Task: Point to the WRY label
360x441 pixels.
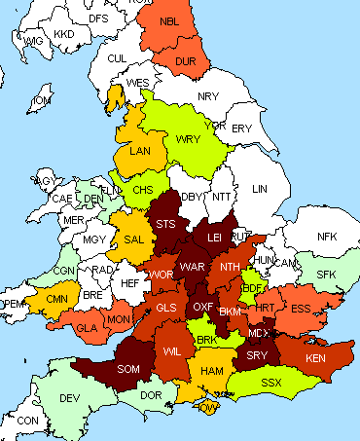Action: click(x=188, y=139)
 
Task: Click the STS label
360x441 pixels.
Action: click(x=167, y=225)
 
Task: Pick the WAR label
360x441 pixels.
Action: click(x=193, y=266)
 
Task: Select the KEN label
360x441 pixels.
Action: click(x=316, y=359)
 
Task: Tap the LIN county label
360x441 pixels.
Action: click(x=260, y=189)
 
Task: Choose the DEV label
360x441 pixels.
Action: click(x=69, y=398)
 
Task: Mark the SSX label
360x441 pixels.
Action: click(x=271, y=382)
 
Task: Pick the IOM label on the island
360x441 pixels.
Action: click(x=42, y=101)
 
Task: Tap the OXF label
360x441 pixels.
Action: click(x=202, y=307)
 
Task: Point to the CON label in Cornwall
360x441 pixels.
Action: click(x=28, y=421)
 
